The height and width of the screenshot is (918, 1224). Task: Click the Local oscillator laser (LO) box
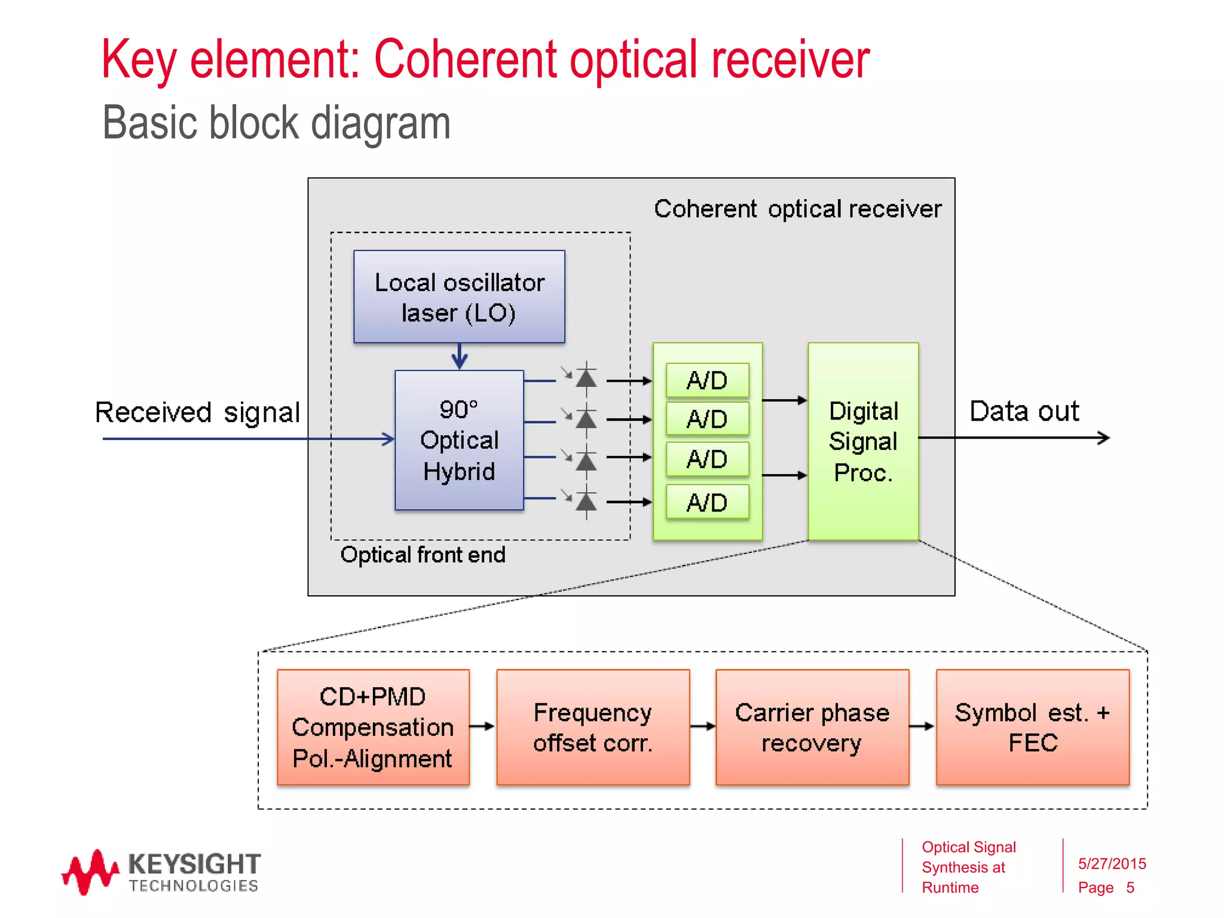[x=459, y=296]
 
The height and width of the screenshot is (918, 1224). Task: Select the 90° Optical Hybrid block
[x=459, y=440]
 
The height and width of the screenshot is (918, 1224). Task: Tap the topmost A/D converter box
[x=707, y=380]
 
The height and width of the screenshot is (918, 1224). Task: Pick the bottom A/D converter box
[x=707, y=502]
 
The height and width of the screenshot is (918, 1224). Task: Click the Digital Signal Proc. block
[x=863, y=442]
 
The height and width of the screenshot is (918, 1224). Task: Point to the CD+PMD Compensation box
[x=373, y=727]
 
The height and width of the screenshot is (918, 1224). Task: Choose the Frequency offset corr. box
[x=593, y=727]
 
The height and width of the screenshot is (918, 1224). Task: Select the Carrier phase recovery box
[x=812, y=727]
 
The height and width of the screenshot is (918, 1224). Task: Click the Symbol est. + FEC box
[x=1033, y=727]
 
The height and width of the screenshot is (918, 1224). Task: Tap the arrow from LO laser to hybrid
[x=459, y=356]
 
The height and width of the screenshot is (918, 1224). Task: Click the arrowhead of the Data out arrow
[x=1104, y=438]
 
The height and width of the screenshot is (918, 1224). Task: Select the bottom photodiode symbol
[x=586, y=502]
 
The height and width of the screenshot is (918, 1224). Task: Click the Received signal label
[x=197, y=412]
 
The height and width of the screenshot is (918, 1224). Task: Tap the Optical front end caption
[x=423, y=555]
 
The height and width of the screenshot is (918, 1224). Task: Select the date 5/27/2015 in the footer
[x=1112, y=864]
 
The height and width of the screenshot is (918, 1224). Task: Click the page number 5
[x=1130, y=888]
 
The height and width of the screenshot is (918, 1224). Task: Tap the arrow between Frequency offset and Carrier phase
[x=703, y=726]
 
